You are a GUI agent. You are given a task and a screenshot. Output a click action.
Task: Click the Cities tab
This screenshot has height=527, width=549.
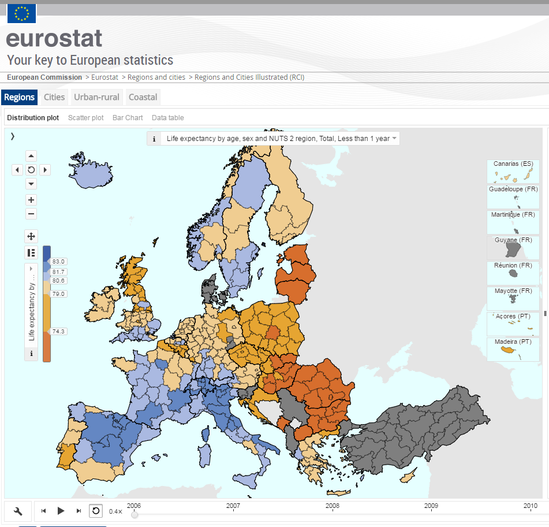coord(54,97)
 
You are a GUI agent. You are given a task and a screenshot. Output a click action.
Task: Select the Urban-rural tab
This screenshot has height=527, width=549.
coord(96,97)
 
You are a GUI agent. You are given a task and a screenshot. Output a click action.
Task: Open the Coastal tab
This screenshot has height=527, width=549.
coord(143,97)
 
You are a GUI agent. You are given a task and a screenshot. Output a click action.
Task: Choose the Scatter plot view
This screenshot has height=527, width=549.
coord(86,118)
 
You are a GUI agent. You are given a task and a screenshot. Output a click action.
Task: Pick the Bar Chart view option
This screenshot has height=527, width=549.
coord(128,118)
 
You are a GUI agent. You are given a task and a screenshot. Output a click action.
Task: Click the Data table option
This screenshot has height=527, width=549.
coord(168,118)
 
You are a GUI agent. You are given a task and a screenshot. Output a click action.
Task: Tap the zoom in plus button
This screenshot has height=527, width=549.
coord(31,200)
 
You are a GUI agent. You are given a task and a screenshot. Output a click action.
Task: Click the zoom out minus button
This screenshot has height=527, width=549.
coord(31,214)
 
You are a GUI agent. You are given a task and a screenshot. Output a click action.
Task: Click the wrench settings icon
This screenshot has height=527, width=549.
coord(18,511)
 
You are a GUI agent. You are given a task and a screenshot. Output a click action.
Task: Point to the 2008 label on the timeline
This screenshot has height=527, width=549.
coord(332,506)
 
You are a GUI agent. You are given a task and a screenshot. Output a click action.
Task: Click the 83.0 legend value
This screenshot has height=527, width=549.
coord(59,262)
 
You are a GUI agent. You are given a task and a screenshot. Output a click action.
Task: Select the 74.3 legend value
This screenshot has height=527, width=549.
coord(59,332)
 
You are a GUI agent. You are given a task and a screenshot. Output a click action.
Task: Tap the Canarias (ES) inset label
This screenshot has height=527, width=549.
coord(513,164)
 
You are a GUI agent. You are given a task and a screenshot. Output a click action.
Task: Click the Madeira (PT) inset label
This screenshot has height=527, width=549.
coord(513,342)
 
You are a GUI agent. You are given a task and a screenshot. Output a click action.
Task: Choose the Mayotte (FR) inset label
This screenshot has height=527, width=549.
coord(513,291)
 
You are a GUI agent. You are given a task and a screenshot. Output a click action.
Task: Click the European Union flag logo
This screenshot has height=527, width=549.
coord(22,13)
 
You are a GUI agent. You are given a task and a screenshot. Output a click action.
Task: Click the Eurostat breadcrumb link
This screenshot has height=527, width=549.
coord(104,77)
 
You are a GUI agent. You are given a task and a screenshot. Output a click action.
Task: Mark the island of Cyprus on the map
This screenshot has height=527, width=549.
coord(409,476)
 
